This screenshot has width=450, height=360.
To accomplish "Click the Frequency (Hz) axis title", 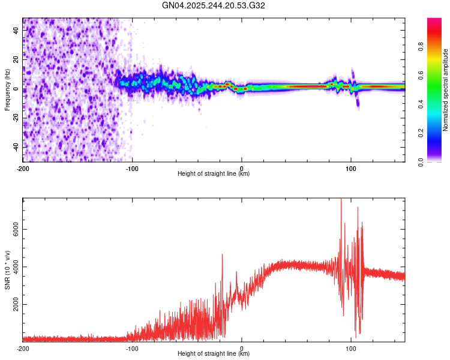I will point(7,89).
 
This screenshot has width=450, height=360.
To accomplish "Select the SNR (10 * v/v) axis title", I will point(7,271).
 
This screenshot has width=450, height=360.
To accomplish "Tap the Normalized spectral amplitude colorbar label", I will point(445,90).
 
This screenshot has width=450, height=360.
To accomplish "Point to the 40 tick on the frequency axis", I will point(16,31).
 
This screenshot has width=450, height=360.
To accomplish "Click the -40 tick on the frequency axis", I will point(15,147).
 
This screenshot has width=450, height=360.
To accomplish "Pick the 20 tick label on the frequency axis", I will point(16,60).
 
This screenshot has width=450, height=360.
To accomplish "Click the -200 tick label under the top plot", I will point(22,168).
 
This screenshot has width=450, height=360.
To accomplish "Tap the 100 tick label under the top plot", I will point(351,168).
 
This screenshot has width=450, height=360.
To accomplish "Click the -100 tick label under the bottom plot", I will point(132,348).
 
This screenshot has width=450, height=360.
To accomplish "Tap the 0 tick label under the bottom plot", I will point(242,348).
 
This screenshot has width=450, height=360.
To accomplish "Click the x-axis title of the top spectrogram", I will point(214,174).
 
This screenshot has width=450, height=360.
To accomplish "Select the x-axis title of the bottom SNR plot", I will point(214,354).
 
